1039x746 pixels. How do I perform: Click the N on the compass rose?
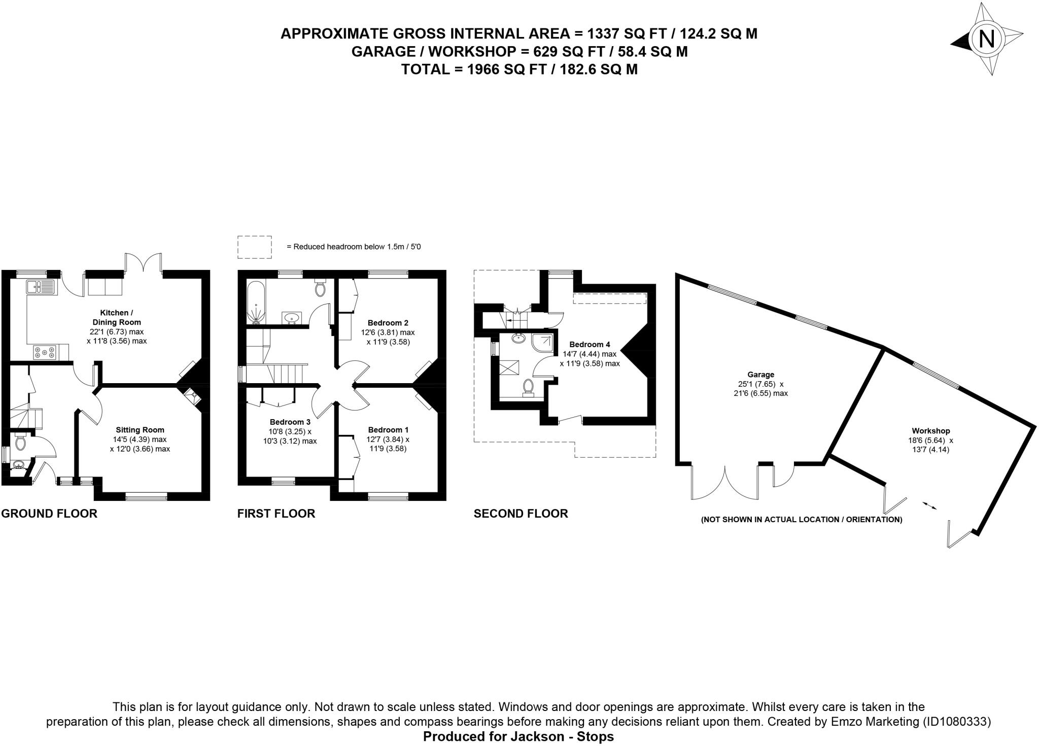[x=986, y=39]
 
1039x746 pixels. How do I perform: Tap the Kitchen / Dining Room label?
[x=116, y=318]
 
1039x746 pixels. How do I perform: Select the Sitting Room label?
[x=140, y=430]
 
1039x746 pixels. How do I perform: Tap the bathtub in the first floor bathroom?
[x=256, y=302]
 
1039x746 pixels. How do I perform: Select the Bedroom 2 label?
[x=388, y=323]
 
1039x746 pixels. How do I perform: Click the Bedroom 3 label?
[x=290, y=422]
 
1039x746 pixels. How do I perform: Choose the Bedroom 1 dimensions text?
[x=388, y=444]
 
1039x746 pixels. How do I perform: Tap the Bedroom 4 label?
[x=590, y=345]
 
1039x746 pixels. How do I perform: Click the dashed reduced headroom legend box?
[x=254, y=247]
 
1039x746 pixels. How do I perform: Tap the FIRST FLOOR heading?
[x=276, y=514]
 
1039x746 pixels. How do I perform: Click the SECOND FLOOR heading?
[x=521, y=514]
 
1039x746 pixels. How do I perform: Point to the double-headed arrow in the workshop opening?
[x=929, y=505]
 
